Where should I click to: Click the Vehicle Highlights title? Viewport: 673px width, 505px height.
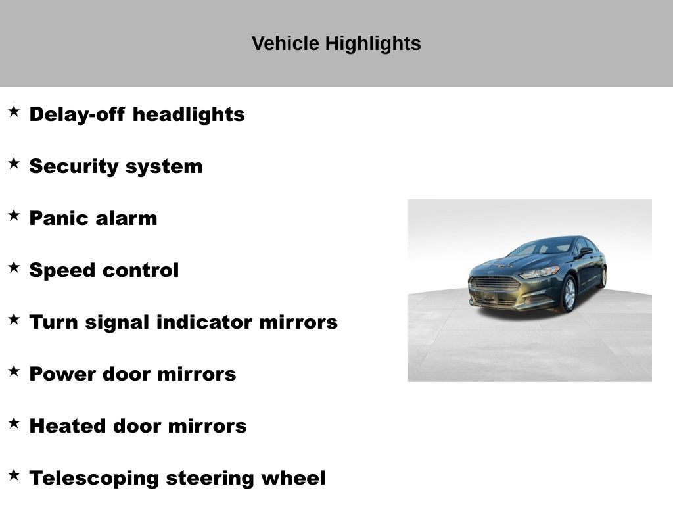[336, 43]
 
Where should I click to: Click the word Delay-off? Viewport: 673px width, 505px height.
[78, 114]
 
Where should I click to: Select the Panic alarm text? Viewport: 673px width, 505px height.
[93, 218]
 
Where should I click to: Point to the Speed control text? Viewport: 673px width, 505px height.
[104, 270]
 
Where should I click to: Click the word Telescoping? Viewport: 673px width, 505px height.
[94, 479]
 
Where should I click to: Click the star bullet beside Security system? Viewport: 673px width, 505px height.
[14, 163]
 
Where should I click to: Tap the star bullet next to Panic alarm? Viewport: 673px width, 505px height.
[14, 215]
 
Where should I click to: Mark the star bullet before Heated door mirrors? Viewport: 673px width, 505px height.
[14, 423]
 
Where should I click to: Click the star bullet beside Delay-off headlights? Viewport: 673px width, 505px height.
[14, 111]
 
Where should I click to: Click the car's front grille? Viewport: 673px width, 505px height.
[494, 284]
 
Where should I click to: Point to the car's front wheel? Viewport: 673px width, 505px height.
[569, 294]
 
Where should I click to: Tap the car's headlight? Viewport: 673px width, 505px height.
[540, 272]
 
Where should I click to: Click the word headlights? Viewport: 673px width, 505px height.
[189, 114]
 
